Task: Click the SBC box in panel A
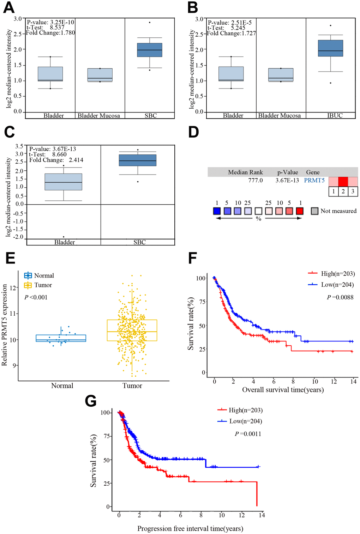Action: [x=150, y=50]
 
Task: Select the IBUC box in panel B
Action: [x=330, y=48]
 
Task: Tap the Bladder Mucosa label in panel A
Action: [x=99, y=116]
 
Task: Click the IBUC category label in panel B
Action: [x=335, y=116]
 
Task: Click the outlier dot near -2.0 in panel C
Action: [x=64, y=237]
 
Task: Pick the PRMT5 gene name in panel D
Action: [x=314, y=181]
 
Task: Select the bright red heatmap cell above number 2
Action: [x=343, y=181]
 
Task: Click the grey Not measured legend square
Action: [x=314, y=211]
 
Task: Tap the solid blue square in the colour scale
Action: [x=217, y=211]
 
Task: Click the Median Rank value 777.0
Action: [x=255, y=181]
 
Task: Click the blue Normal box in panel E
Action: [x=61, y=338]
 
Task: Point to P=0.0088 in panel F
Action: [x=340, y=297]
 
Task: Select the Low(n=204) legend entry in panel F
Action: [x=331, y=285]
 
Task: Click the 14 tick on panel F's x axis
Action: [x=353, y=382]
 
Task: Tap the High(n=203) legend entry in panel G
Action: [x=240, y=410]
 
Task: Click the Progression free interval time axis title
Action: [x=190, y=528]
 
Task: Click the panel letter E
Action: [x=11, y=258]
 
